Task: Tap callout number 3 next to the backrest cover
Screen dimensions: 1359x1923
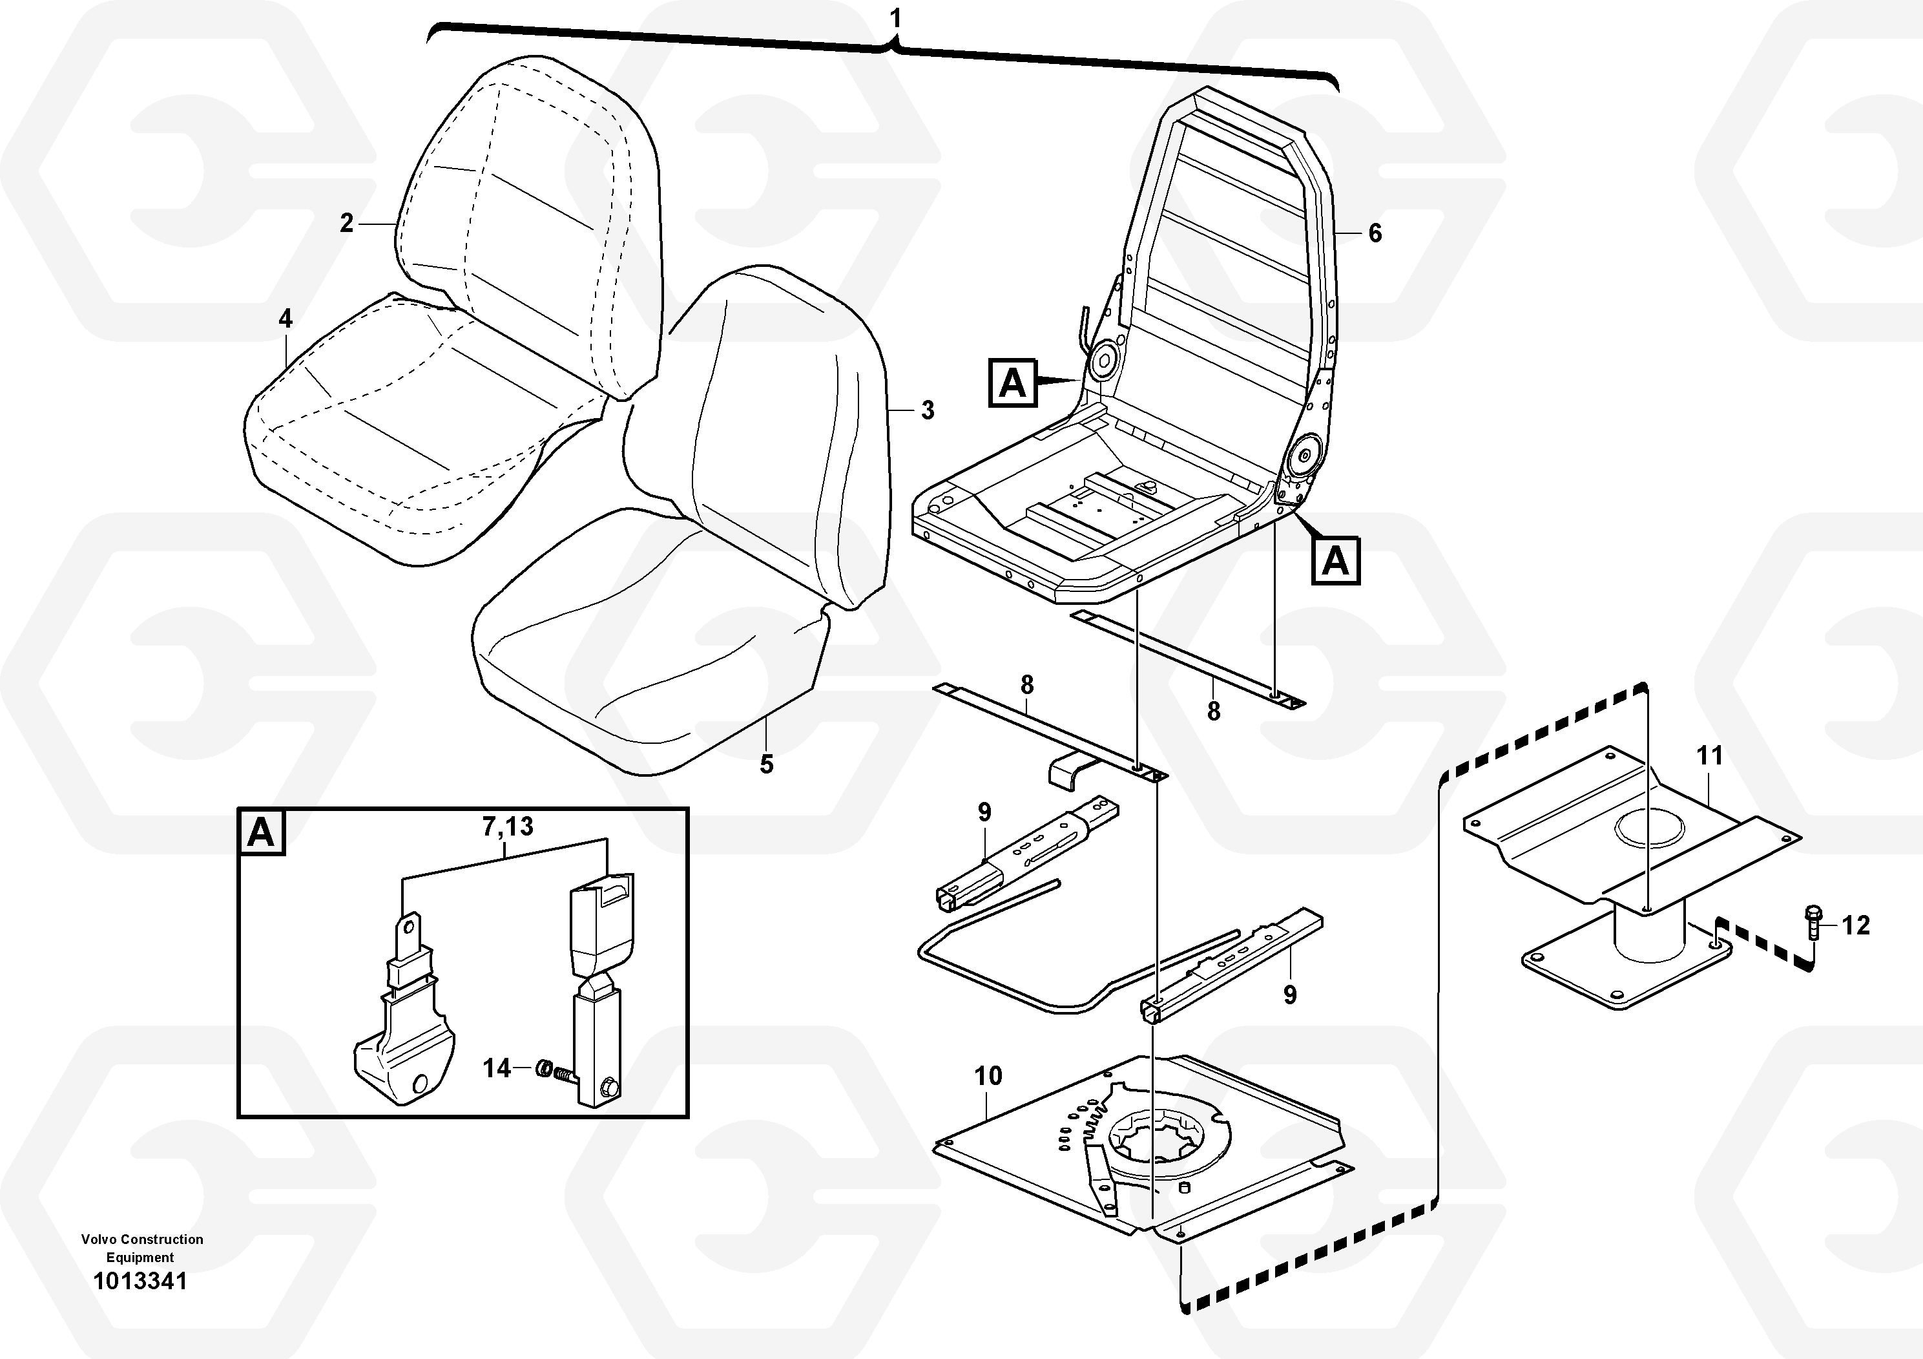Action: [x=927, y=410]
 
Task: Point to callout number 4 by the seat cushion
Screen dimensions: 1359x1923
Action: [x=286, y=319]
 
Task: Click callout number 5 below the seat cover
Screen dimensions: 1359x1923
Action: [x=766, y=764]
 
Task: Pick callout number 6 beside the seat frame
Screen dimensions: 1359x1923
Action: [x=1375, y=233]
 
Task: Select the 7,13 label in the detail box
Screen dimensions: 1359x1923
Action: [x=508, y=827]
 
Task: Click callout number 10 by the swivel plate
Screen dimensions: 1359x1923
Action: [x=988, y=1076]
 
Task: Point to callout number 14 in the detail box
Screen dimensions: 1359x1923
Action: [x=497, y=1068]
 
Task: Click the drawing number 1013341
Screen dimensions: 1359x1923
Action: [x=140, y=1282]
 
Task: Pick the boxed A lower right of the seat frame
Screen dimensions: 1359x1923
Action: [x=1335, y=560]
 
